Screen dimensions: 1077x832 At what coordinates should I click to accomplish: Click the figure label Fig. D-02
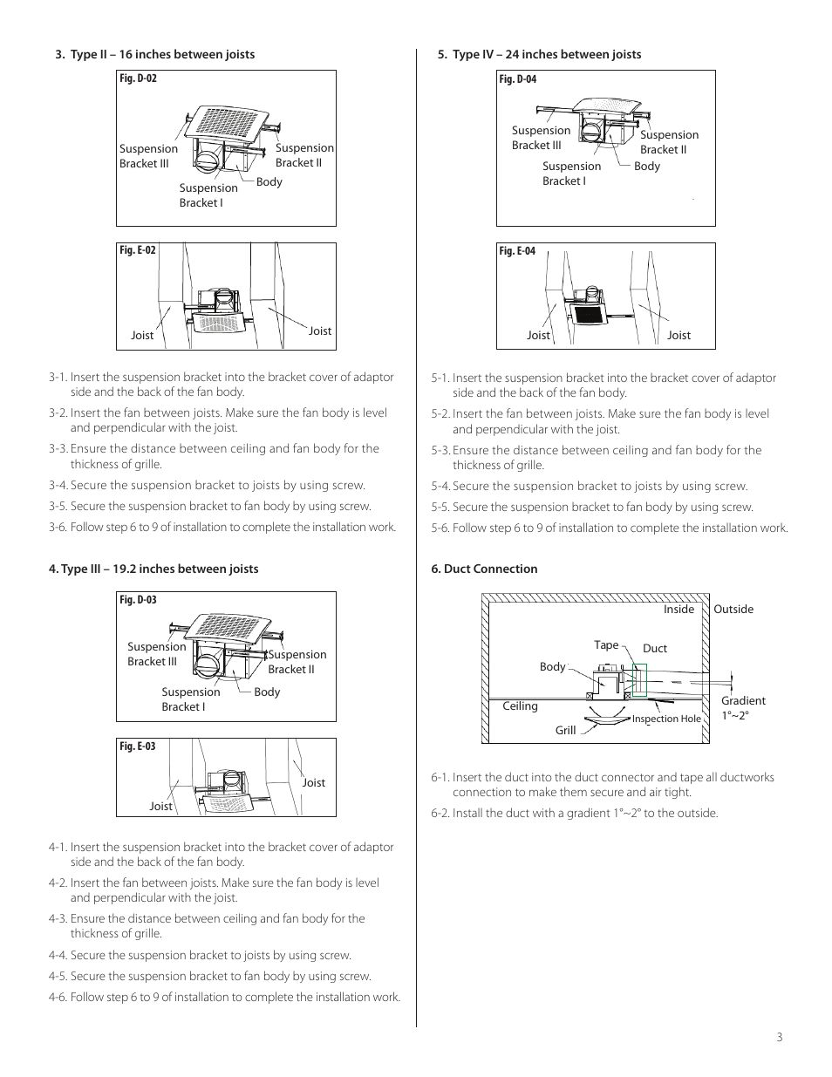[138, 78]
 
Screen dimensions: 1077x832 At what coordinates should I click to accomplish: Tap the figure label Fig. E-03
[137, 746]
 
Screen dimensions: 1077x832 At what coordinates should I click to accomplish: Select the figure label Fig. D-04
[517, 79]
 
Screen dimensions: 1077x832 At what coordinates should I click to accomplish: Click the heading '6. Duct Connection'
[484, 569]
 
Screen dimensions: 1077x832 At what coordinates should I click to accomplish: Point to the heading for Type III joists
[153, 569]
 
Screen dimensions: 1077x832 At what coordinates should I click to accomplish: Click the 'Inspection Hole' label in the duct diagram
[666, 719]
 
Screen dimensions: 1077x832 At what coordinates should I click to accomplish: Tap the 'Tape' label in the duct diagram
[606, 645]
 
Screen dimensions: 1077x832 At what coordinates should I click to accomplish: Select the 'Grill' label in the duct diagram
[565, 730]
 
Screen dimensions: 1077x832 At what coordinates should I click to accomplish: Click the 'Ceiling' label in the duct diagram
[520, 706]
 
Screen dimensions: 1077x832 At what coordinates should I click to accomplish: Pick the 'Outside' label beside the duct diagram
[733, 610]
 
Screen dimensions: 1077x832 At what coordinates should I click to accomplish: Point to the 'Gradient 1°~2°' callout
[742, 707]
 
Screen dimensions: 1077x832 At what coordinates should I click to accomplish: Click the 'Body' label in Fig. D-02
[269, 182]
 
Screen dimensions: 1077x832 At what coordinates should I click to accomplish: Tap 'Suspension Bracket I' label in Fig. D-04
[571, 174]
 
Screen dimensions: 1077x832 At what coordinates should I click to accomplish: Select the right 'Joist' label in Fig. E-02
[320, 331]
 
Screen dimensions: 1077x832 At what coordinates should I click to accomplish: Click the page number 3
[779, 1037]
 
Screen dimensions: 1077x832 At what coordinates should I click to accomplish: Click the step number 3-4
[58, 486]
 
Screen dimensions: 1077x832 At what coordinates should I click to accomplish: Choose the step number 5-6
[440, 528]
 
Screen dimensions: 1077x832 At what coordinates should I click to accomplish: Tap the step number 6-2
[440, 813]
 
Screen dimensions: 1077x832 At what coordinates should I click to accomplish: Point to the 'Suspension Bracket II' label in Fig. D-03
[297, 662]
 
